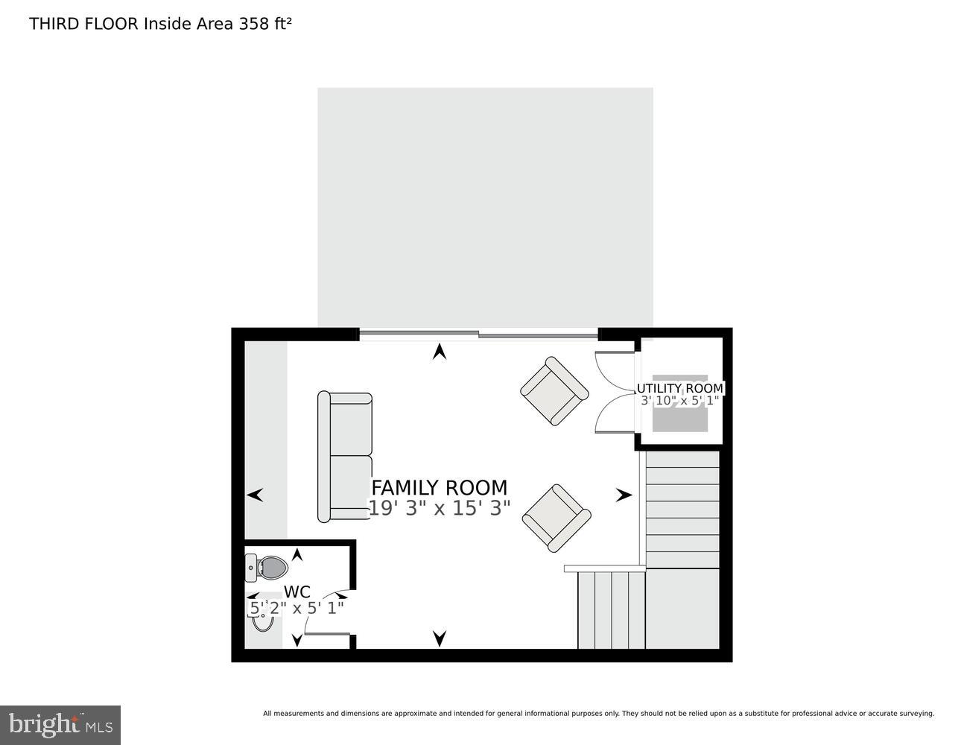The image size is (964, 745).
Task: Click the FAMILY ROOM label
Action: (439, 488)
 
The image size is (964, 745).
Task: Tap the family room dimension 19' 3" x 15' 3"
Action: (439, 509)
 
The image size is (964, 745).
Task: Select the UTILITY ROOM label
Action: (679, 388)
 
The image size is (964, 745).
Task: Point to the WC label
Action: (297, 592)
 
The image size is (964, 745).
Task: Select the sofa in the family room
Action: (345, 457)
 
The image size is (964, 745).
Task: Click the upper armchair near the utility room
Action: (554, 390)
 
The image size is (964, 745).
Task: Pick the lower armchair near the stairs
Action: (556, 518)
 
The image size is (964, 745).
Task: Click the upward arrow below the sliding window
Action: (440, 352)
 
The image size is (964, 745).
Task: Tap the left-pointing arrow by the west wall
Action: (255, 495)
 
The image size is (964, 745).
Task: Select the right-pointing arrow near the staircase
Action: (624, 495)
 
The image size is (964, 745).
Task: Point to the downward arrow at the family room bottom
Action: (440, 638)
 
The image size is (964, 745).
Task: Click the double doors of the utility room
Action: (615, 392)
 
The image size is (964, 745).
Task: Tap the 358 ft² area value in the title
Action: (264, 24)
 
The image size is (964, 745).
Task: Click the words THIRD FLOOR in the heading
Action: (83, 24)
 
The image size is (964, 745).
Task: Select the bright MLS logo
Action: (60, 725)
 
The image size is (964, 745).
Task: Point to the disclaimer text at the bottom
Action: (598, 714)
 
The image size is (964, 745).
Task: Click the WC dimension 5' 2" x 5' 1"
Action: (297, 608)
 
